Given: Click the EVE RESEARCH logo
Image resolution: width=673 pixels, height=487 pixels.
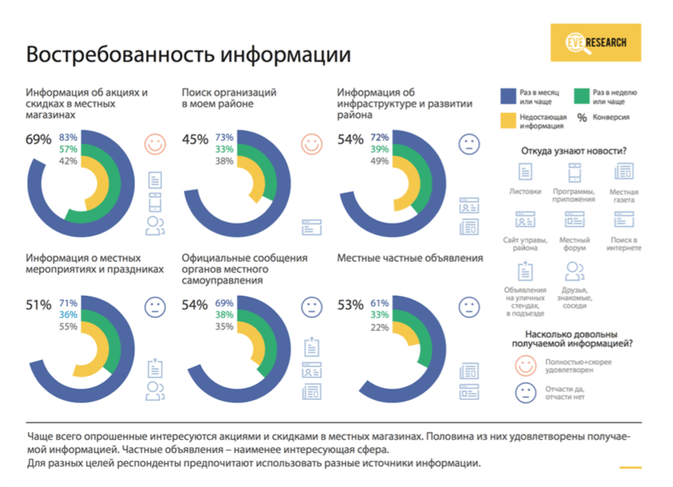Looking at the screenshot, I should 597,43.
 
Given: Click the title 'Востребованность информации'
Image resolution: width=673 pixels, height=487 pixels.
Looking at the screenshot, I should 188,55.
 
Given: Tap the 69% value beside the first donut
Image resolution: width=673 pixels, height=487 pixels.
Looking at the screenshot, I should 38,140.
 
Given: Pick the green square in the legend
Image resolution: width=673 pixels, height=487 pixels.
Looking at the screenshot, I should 582,96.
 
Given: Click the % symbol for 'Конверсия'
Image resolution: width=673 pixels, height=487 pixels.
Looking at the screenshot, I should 582,118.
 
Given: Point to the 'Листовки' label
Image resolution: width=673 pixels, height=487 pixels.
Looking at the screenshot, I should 525,192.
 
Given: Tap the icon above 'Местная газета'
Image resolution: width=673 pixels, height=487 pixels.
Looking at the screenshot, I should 624,171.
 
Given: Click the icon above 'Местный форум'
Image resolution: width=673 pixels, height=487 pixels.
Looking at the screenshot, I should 574,219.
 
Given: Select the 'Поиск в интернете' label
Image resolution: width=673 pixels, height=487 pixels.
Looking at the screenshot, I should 624,244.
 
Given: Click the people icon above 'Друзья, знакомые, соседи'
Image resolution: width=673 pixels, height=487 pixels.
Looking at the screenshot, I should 575,270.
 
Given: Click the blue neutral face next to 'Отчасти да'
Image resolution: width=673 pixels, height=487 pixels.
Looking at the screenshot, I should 524,393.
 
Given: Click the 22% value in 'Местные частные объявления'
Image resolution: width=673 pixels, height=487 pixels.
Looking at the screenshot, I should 379,326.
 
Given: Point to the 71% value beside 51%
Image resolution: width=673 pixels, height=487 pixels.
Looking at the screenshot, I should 68,303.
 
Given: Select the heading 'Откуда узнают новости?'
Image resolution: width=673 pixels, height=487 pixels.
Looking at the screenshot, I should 573,151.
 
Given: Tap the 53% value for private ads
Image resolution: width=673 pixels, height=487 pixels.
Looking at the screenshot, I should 350,305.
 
